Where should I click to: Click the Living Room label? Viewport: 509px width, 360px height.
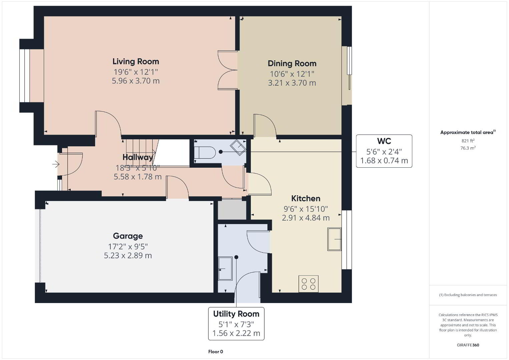click(136, 62)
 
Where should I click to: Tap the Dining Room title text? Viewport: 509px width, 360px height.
click(292, 64)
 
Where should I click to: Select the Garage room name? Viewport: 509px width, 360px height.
click(128, 236)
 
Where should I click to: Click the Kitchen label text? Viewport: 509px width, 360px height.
click(306, 199)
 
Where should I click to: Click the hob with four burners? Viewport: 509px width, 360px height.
click(308, 284)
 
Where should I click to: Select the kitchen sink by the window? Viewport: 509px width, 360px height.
click(334, 239)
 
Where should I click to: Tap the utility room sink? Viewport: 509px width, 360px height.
click(225, 268)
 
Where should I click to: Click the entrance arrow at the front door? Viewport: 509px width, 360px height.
click(56, 164)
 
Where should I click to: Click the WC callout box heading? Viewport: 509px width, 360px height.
click(384, 141)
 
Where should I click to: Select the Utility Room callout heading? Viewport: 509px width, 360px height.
click(236, 314)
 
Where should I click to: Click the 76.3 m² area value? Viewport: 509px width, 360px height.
click(468, 148)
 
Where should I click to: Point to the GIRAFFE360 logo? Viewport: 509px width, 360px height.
click(468, 345)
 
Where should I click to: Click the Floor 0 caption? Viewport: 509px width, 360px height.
click(216, 352)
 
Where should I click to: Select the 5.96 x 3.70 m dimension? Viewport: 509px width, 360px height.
click(136, 81)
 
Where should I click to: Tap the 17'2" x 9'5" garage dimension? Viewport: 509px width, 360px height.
click(128, 246)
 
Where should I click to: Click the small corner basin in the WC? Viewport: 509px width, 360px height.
click(238, 148)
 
